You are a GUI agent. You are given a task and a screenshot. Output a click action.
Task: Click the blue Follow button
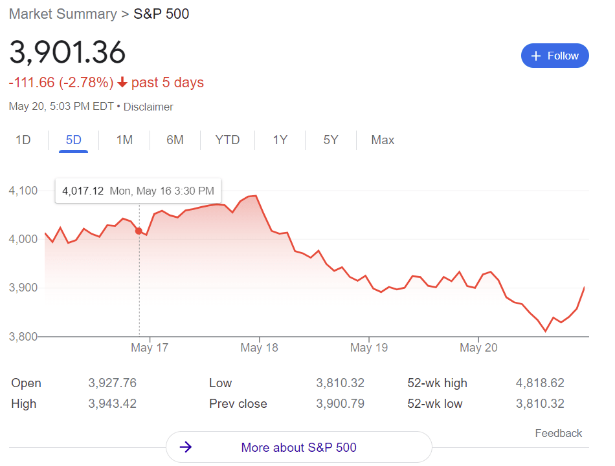coord(555,56)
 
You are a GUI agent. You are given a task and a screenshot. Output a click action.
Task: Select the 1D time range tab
coord(23,140)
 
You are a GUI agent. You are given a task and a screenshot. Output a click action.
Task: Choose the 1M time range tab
coord(124,140)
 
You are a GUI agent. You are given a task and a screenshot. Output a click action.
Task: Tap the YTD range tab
coord(227,140)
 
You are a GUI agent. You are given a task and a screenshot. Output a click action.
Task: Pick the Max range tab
coord(383,140)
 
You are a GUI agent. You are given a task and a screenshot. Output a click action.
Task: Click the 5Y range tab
coord(331,140)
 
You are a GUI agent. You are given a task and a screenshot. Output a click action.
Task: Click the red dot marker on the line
coord(139,231)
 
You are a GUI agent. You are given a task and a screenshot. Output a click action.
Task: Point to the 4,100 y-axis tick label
coord(23,191)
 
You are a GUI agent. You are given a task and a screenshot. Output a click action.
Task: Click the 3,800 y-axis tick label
coord(23,336)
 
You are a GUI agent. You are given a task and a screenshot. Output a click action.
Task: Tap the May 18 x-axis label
coord(259,348)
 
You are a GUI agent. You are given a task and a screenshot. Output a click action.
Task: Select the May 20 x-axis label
coord(479,348)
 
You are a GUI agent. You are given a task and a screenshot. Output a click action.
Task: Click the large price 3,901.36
coord(67,53)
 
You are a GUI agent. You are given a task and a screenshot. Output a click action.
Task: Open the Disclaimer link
coord(148,107)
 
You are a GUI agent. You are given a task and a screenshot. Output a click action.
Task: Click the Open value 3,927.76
coord(112,383)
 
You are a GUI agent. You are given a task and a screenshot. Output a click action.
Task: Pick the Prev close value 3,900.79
coord(340,404)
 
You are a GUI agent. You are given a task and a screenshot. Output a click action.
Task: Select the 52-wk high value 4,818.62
coord(540,383)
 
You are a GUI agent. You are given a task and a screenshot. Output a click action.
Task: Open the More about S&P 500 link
coord(298,447)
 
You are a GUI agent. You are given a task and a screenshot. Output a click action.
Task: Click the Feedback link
coord(558,433)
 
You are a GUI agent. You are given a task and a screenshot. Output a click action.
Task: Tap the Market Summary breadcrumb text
coord(63,14)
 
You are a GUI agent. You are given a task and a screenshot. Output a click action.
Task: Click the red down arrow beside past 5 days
coord(122,83)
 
